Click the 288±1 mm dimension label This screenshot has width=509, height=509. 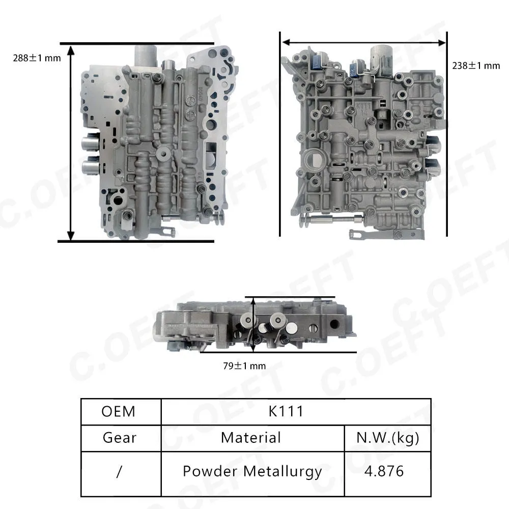point(37,58)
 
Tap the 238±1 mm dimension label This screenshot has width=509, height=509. point(476,66)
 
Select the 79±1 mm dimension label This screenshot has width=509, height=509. point(244,366)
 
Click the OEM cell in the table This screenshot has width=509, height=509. point(119,411)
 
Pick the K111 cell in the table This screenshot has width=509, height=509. point(286,411)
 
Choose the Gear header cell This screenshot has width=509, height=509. point(120,438)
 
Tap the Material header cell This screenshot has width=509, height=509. point(251,438)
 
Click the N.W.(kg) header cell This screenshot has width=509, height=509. point(387,438)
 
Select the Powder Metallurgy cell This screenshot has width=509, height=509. point(252,472)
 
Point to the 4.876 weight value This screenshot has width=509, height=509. point(384,471)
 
